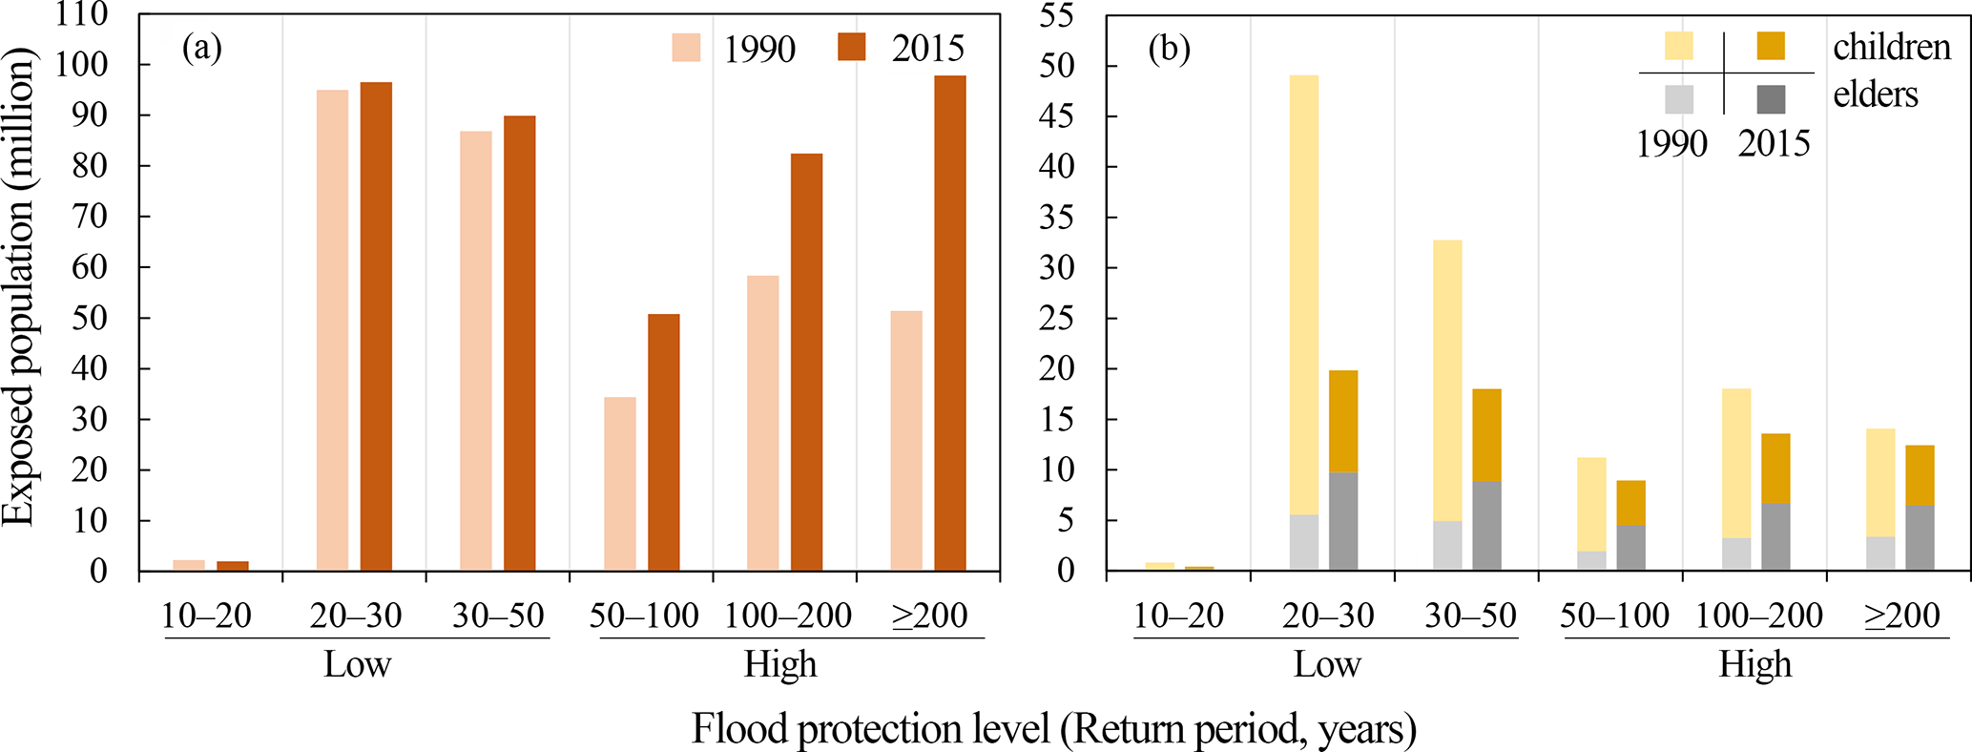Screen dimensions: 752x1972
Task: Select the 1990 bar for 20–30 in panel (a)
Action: (332, 330)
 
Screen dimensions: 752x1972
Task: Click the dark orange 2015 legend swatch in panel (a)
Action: (851, 48)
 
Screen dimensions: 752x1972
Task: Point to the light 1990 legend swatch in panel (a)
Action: (686, 48)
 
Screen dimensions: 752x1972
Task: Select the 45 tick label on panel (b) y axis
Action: (1056, 116)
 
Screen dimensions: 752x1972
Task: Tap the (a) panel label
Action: (202, 48)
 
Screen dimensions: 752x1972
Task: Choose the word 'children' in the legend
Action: (1892, 47)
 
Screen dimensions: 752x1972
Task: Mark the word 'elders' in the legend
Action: (1875, 94)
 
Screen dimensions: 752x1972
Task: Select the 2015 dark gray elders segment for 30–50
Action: (1486, 526)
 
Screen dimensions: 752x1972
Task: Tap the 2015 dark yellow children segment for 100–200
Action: (1775, 469)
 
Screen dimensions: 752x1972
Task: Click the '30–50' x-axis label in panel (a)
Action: (498, 616)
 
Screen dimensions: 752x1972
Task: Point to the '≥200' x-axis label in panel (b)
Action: (1901, 616)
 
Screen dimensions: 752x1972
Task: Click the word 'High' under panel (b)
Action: (1754, 664)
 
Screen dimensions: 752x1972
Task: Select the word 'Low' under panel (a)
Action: (357, 664)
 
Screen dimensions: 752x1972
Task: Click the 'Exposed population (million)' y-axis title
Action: (18, 286)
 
